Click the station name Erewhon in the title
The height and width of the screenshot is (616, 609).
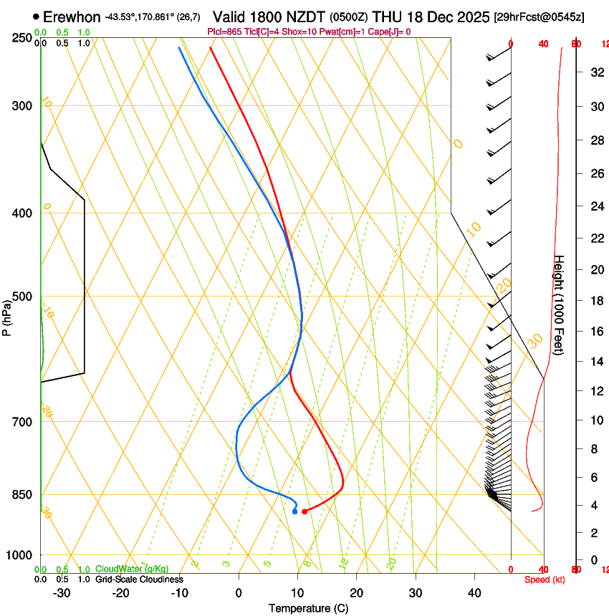point(72,16)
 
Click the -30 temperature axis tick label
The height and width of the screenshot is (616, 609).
point(62,592)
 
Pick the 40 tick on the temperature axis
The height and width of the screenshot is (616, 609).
point(474,592)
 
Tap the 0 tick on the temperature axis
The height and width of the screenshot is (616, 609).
point(239,592)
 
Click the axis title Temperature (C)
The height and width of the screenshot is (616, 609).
point(308,608)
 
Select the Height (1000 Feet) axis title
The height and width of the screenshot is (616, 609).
point(560,304)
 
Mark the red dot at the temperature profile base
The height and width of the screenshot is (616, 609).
point(304,511)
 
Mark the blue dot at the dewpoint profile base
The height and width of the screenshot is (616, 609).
point(294,511)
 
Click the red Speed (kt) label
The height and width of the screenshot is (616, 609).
point(544,579)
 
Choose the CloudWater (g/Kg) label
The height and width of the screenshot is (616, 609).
point(132,569)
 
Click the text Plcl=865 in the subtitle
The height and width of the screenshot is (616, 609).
point(225,32)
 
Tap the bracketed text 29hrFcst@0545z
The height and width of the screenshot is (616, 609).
point(539,16)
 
